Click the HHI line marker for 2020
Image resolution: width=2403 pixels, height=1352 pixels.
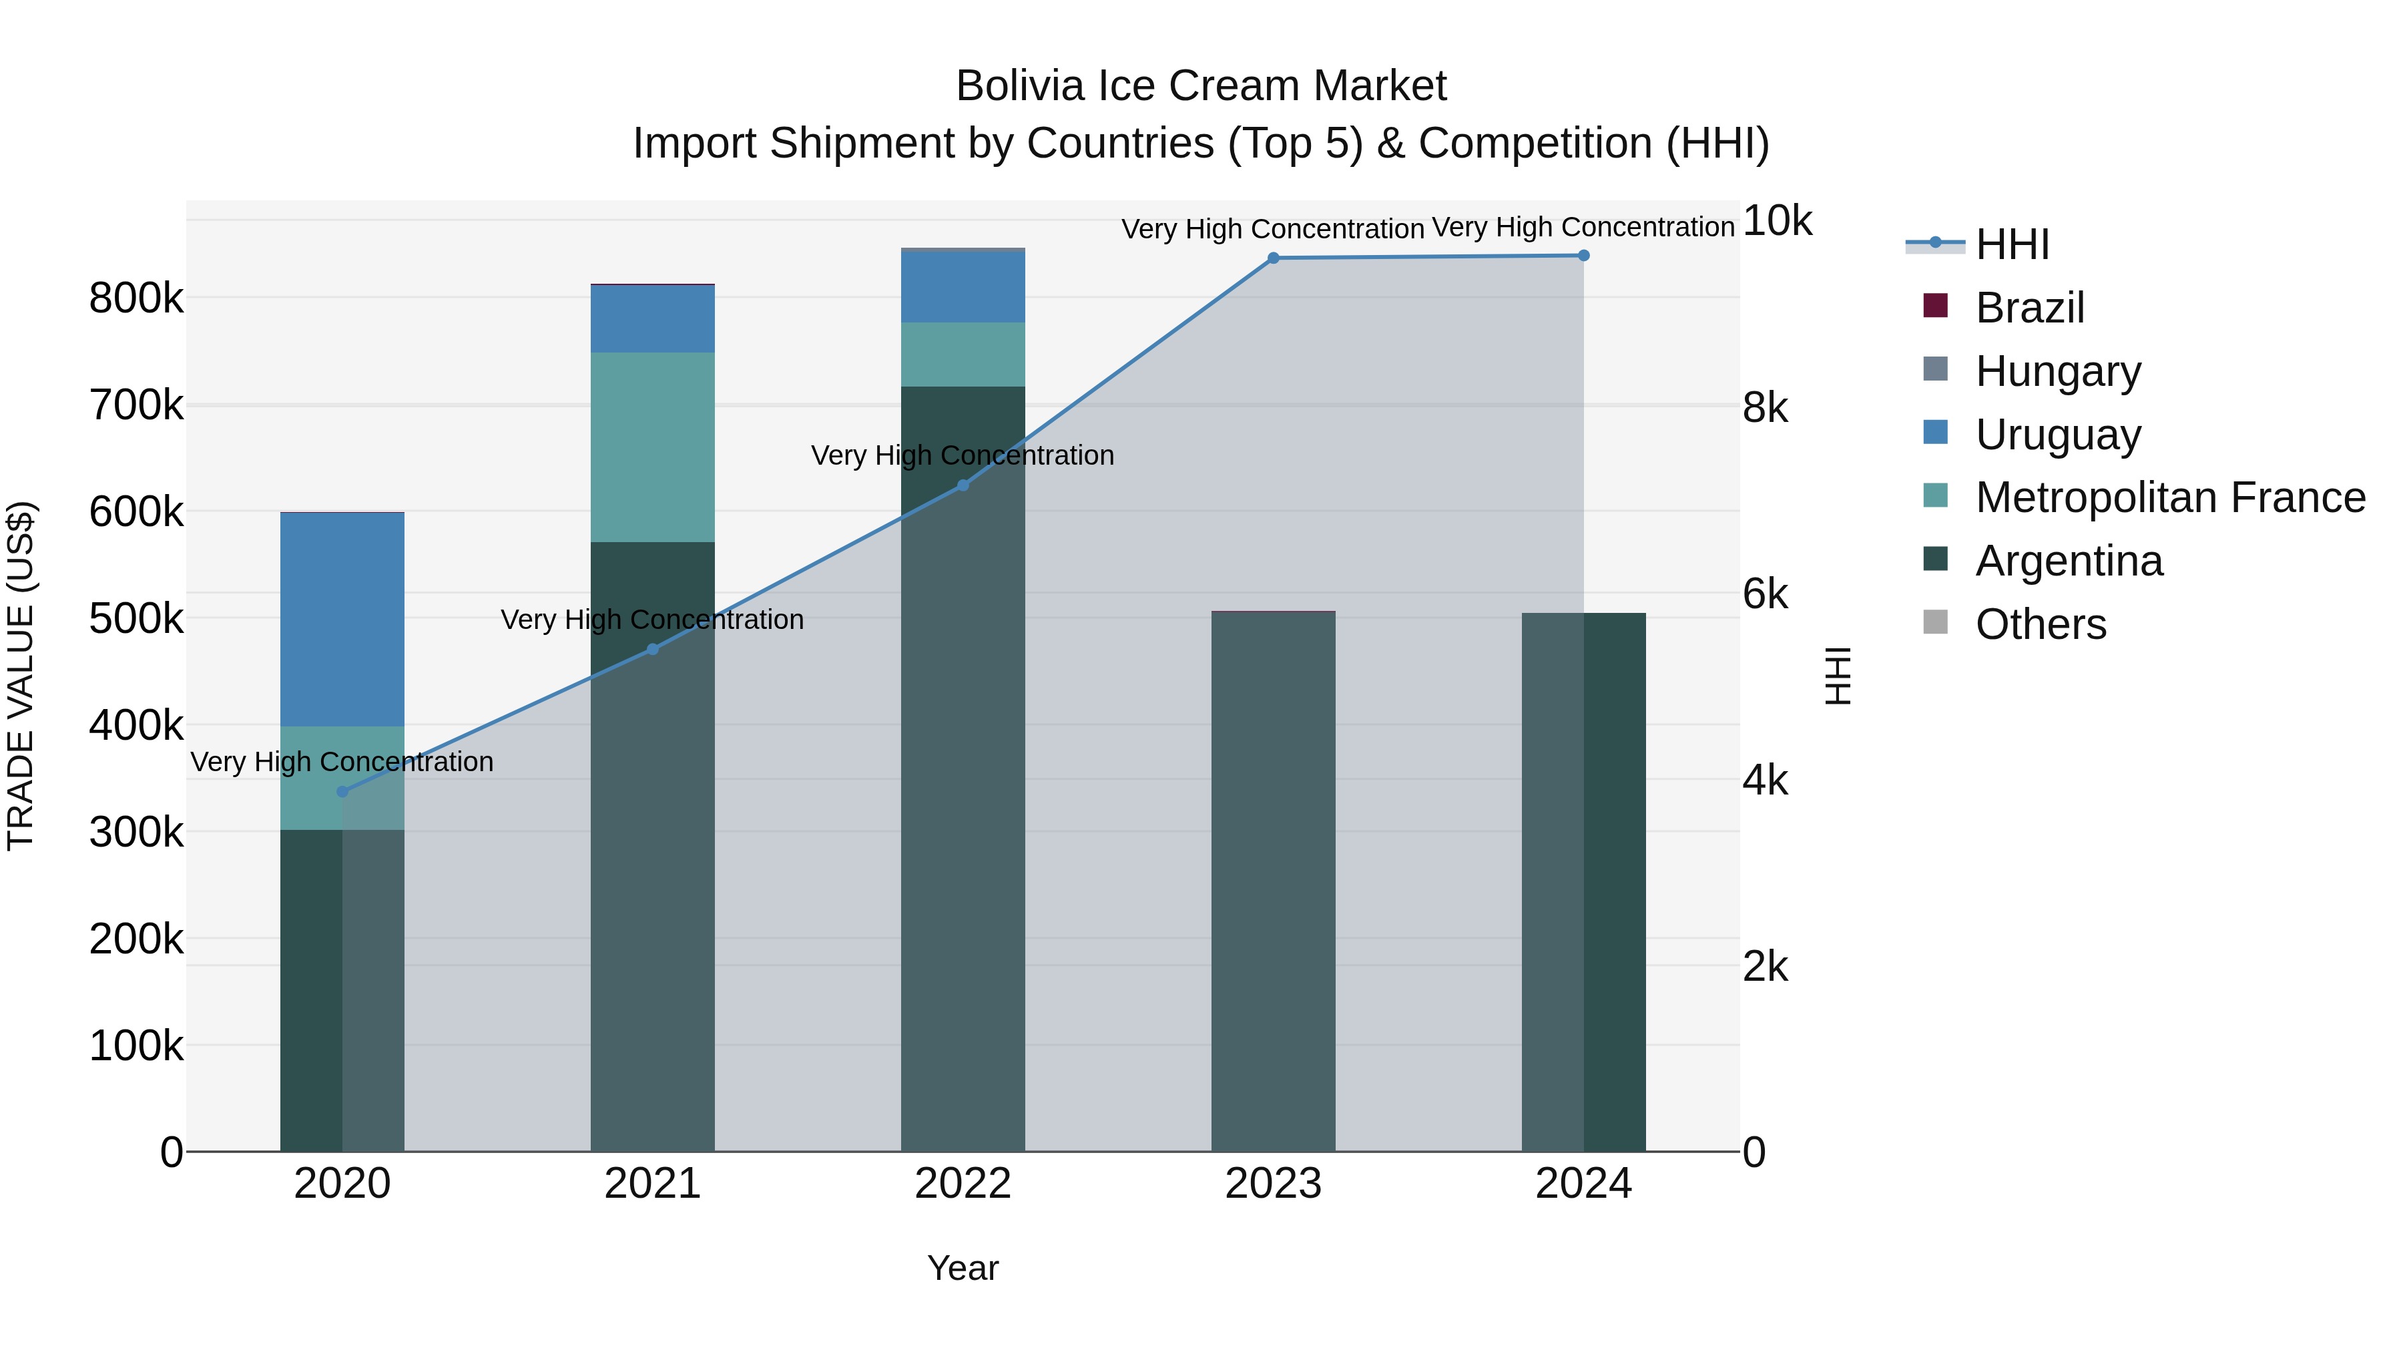(342, 791)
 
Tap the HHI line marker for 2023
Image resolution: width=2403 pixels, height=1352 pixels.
(1274, 258)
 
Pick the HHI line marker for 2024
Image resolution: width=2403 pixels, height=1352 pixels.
(1584, 255)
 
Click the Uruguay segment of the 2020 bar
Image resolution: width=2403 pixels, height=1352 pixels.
(342, 619)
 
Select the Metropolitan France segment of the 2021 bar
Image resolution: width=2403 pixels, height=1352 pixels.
(653, 447)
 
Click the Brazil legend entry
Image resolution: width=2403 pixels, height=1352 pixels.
(2029, 308)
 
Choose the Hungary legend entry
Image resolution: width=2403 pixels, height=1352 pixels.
(2057, 371)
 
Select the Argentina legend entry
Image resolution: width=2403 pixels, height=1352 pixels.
(2068, 561)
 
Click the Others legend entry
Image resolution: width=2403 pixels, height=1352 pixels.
(2040, 624)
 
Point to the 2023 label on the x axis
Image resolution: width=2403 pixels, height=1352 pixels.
(1274, 1184)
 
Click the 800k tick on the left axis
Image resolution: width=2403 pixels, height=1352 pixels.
(136, 298)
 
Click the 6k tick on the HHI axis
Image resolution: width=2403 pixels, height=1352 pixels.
(1765, 594)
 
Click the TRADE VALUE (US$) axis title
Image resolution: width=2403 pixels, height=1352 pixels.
(21, 676)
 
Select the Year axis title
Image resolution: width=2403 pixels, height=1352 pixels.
(963, 1268)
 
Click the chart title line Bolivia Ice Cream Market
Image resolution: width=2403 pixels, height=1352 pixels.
(1201, 86)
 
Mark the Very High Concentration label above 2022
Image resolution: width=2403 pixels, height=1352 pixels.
(963, 455)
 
